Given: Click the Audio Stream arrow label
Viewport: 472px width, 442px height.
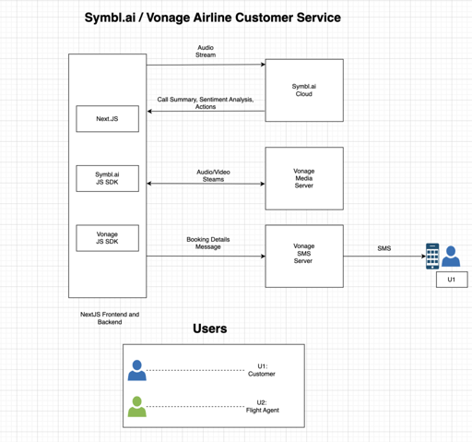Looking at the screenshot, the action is (206, 51).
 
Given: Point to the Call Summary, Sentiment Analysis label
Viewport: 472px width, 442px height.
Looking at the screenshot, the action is (206, 100).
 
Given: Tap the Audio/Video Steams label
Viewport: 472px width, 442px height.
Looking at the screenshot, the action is (213, 175).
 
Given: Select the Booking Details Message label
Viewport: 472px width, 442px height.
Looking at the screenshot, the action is (208, 243).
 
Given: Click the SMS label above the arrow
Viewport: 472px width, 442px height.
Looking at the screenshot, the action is (384, 248).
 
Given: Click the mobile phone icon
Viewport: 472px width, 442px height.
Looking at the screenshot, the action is (432, 257).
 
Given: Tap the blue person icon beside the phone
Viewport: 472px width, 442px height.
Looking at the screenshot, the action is (451, 256).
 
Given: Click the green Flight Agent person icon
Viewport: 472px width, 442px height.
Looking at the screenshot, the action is (137, 407).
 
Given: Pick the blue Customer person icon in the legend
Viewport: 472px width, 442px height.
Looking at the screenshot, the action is (137, 370).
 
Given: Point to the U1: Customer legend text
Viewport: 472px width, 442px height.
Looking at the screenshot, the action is (262, 370).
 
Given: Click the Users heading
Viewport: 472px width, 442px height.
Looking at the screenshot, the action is (210, 329).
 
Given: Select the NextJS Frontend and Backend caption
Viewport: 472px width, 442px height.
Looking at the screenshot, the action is (110, 318).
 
